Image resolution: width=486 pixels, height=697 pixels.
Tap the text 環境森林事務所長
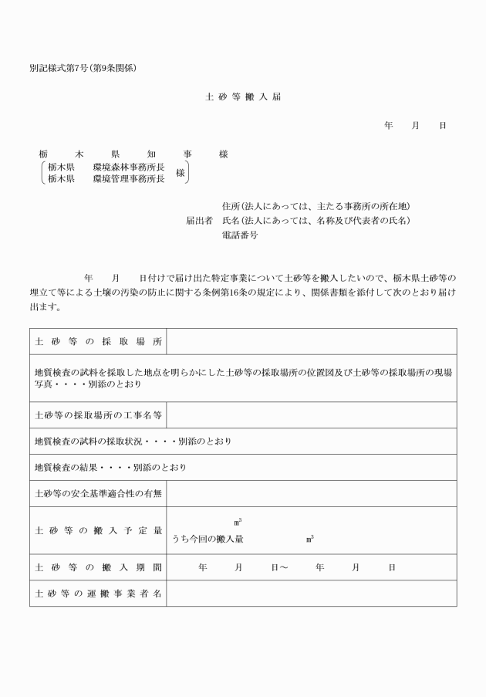128,167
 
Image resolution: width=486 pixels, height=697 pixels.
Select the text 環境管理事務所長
128,179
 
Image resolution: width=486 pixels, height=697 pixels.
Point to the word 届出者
199,221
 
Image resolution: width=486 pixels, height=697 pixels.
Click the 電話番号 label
239,235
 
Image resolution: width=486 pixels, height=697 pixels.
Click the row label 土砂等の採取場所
98,341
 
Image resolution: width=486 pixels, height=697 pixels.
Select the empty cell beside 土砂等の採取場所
311,341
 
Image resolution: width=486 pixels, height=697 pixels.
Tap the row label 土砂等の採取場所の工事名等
98,414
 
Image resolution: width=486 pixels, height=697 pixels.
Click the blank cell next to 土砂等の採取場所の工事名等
311,414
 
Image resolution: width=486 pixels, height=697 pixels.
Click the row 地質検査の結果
110,467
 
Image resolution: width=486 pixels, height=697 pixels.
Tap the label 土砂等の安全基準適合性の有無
98,492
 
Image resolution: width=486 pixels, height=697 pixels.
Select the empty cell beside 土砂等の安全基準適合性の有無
311,492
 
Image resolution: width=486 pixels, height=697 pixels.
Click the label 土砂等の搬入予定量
98,530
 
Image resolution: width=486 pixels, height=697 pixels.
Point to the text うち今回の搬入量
208,540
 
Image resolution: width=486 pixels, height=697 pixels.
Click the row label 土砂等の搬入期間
98,567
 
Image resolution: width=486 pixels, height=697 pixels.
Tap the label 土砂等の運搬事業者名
98,594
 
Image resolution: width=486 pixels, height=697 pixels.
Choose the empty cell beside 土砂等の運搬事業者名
311,594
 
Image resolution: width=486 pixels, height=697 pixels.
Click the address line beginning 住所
315,206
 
